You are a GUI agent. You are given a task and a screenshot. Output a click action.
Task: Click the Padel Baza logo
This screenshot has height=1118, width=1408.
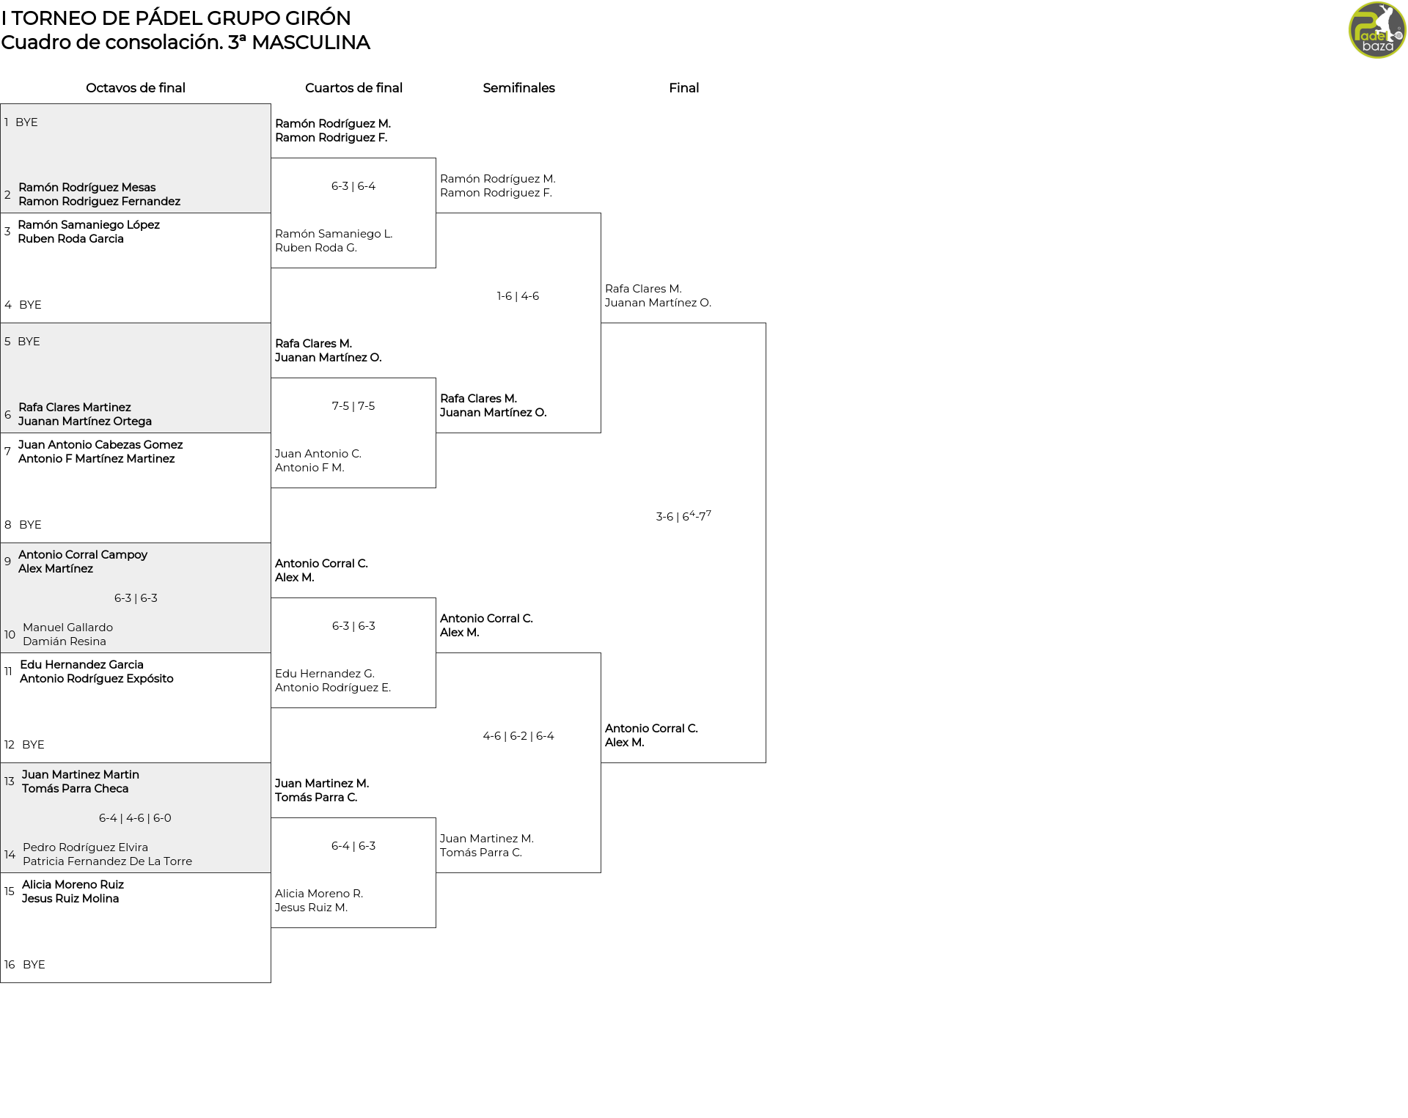point(1377,30)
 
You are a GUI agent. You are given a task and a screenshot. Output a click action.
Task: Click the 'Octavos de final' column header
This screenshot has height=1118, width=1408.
point(136,88)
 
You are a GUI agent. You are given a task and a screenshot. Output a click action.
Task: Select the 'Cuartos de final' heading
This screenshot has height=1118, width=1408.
point(353,88)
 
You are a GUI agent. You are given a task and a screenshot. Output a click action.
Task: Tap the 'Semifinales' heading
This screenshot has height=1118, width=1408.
point(518,88)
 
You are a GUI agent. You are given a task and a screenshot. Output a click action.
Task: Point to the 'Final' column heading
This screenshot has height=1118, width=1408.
point(683,88)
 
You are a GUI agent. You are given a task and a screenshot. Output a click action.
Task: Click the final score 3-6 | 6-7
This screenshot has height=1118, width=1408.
point(683,515)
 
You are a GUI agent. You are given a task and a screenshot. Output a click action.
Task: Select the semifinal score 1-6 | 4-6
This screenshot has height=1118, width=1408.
point(518,296)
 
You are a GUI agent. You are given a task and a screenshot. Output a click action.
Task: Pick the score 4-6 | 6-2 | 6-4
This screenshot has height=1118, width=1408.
point(518,736)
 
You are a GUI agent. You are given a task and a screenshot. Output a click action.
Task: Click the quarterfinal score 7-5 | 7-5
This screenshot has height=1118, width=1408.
point(353,406)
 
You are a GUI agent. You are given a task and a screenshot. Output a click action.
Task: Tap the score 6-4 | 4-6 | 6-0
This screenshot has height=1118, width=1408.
point(135,818)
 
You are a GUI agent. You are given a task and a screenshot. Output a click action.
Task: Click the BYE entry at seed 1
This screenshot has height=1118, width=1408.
point(26,122)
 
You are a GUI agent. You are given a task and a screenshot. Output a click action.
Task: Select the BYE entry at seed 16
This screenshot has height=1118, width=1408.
point(34,965)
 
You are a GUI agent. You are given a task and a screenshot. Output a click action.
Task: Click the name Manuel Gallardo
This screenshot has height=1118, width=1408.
point(67,628)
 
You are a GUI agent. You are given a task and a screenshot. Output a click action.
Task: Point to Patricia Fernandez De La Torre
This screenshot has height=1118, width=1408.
point(107,861)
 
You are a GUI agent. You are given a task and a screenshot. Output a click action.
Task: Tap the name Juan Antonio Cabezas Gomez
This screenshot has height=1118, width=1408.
point(100,445)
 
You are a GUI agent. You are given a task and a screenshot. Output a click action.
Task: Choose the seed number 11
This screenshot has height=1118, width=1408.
point(8,672)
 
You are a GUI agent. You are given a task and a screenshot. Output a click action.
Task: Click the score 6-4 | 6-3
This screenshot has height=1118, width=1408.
point(353,846)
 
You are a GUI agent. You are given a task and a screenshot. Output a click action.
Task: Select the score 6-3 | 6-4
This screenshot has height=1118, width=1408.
point(353,186)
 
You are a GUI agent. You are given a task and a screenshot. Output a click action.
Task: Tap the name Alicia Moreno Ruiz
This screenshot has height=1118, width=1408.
point(73,885)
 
